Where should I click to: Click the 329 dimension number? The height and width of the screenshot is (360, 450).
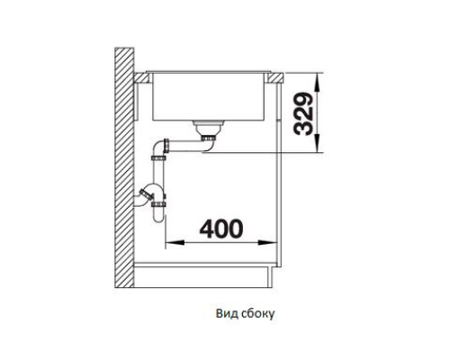click(303, 114)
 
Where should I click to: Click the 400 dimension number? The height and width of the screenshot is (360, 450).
click(221, 229)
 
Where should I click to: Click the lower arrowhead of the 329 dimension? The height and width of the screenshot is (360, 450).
click(318, 144)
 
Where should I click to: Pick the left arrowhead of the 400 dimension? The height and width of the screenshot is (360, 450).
click(175, 242)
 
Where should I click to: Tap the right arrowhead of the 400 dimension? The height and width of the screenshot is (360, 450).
click(267, 242)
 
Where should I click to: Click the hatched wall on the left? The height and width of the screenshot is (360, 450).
click(124, 168)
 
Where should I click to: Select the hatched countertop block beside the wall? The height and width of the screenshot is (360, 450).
click(141, 77)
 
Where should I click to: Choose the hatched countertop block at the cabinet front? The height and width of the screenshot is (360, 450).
click(274, 77)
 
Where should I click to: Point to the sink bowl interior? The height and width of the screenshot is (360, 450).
click(209, 96)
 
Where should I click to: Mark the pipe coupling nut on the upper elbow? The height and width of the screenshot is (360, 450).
click(166, 147)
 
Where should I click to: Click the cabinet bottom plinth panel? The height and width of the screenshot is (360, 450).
click(204, 275)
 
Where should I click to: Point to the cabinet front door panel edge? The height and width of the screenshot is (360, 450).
click(279, 174)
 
